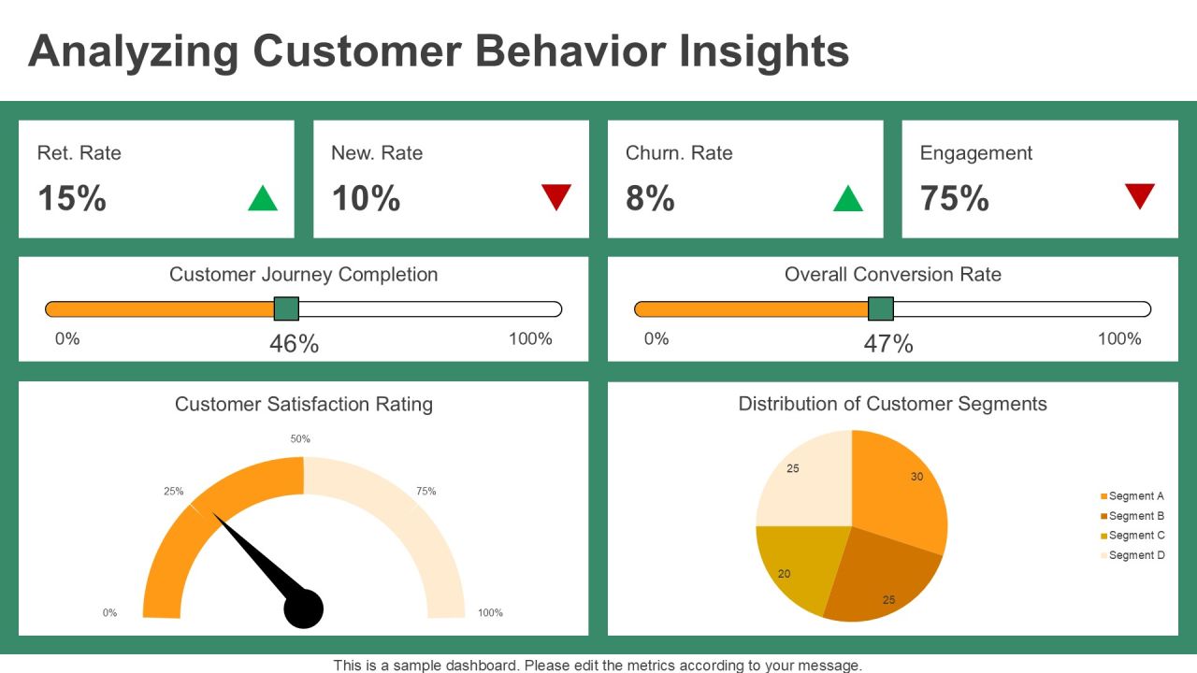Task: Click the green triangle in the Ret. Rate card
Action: [x=263, y=199]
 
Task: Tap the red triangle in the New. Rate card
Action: [x=556, y=196]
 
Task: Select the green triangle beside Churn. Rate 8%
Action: [x=848, y=199]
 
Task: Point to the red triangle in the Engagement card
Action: [x=1140, y=195]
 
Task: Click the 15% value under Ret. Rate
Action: [x=72, y=198]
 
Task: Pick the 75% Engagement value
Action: [x=955, y=198]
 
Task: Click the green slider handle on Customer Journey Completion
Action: [x=286, y=308]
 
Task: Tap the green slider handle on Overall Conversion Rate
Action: [x=881, y=308]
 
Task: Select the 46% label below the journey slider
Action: [x=294, y=343]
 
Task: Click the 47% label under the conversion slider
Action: [x=888, y=343]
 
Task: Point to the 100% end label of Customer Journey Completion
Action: [x=530, y=338]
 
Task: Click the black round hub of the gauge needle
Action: [x=304, y=609]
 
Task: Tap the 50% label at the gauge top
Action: [x=300, y=439]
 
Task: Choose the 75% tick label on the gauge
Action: [x=425, y=491]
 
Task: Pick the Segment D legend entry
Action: [x=1132, y=555]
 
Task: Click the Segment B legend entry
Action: [x=1132, y=516]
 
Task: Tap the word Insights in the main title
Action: [x=764, y=51]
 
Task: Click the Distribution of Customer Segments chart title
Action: [x=892, y=404]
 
